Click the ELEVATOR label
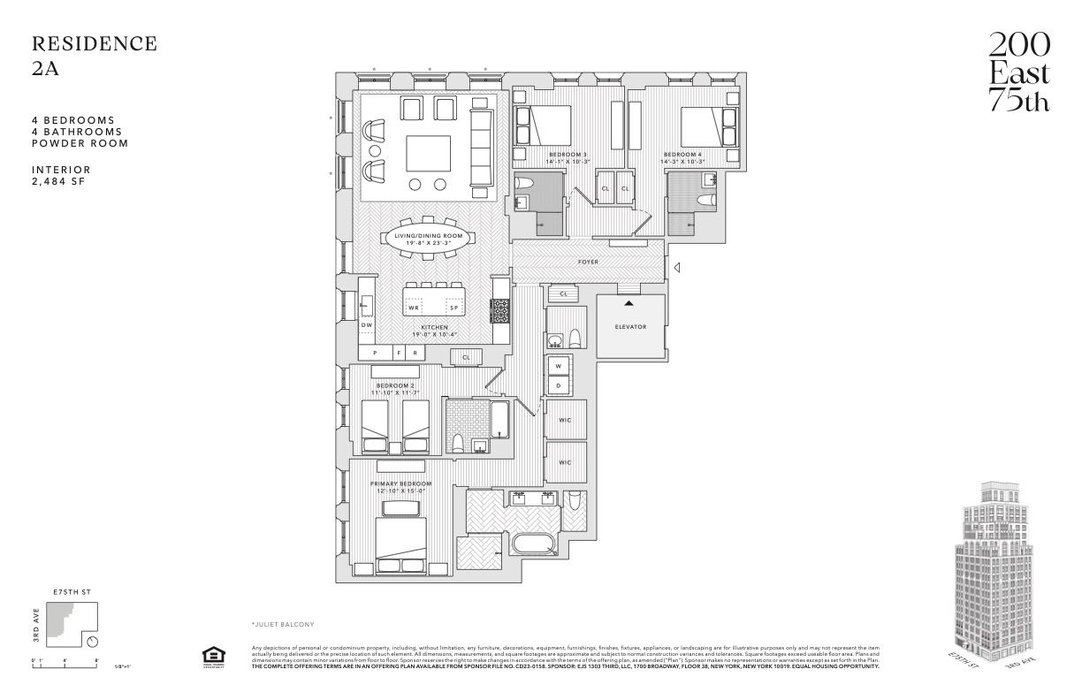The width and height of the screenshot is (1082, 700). coord(630,327)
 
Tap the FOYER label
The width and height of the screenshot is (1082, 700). coord(589,262)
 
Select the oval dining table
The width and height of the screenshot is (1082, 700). coord(429,238)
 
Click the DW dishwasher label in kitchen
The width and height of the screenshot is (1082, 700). coord(367,325)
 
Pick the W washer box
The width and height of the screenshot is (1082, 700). coord(559,366)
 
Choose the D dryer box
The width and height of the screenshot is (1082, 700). coord(559,386)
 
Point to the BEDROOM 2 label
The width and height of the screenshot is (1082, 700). coord(395,385)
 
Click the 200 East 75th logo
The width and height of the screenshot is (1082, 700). coord(1019,73)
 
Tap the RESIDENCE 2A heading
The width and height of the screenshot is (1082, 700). coord(94,56)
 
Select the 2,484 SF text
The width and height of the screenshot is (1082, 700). coord(60,181)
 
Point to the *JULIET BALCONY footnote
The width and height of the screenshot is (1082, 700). coord(283,625)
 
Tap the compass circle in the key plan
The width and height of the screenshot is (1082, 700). coord(93,643)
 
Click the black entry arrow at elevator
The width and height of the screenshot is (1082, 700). coord(629,303)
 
